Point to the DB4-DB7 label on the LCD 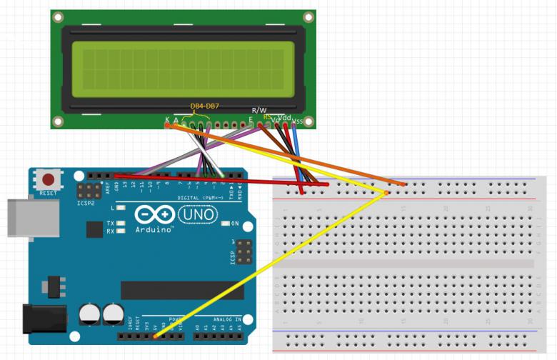pos(204,106)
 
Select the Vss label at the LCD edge pos(297,120)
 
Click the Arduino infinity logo pos(153,214)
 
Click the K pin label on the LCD pos(167,119)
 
